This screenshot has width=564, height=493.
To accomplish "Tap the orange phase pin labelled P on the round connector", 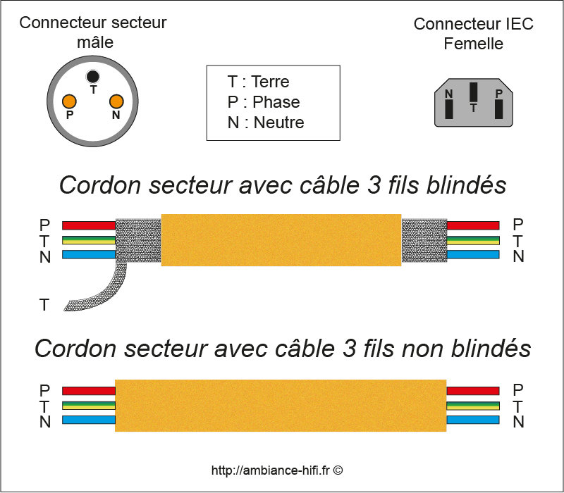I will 69,101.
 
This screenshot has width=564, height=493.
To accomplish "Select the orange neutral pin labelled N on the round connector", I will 116,101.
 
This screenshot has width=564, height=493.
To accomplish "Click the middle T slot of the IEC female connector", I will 474,94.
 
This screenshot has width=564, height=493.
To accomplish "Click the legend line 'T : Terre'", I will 258,82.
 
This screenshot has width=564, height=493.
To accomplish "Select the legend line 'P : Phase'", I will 263,102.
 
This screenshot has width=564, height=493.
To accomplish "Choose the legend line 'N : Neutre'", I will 265,123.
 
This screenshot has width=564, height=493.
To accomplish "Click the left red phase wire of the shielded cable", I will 88,225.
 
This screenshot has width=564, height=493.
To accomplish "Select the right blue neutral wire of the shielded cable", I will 473,255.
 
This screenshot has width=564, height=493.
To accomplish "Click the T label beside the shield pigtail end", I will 44,305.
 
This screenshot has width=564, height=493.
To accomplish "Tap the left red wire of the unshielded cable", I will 88,389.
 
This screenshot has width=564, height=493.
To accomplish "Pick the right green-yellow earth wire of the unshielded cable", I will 473,405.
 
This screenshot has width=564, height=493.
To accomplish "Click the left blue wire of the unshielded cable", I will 88,420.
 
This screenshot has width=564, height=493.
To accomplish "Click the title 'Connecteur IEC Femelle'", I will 473,33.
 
